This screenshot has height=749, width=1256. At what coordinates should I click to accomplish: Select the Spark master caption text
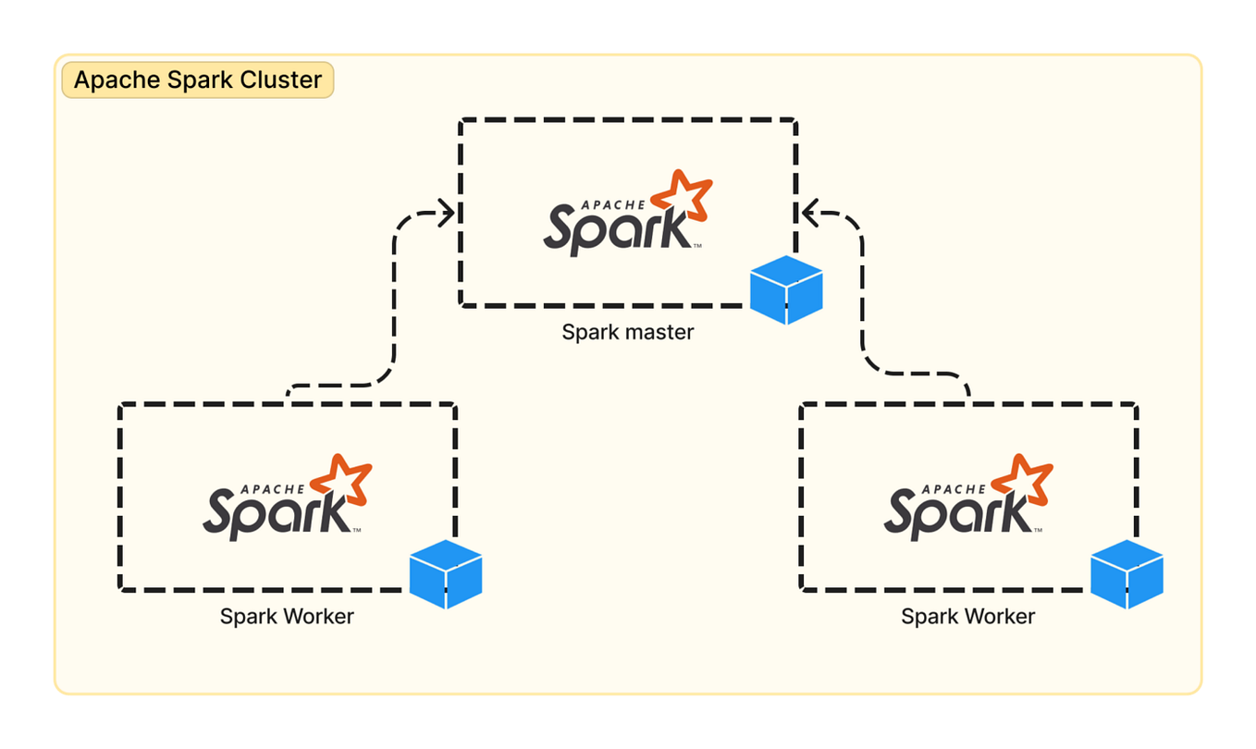pyautogui.click(x=627, y=331)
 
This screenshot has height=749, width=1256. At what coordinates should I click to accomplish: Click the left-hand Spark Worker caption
pyautogui.click(x=287, y=616)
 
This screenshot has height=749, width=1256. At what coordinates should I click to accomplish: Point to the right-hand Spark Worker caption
pyautogui.click(x=967, y=616)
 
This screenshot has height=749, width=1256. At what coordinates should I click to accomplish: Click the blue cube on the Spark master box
pyautogui.click(x=785, y=289)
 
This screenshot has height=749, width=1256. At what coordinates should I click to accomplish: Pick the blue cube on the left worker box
pyautogui.click(x=445, y=574)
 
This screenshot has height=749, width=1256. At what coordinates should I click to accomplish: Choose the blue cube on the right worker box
pyautogui.click(x=1126, y=574)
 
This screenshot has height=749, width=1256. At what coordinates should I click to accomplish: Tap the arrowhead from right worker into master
pyautogui.click(x=809, y=213)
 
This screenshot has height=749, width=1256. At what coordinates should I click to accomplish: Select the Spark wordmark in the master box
pyautogui.click(x=615, y=229)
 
